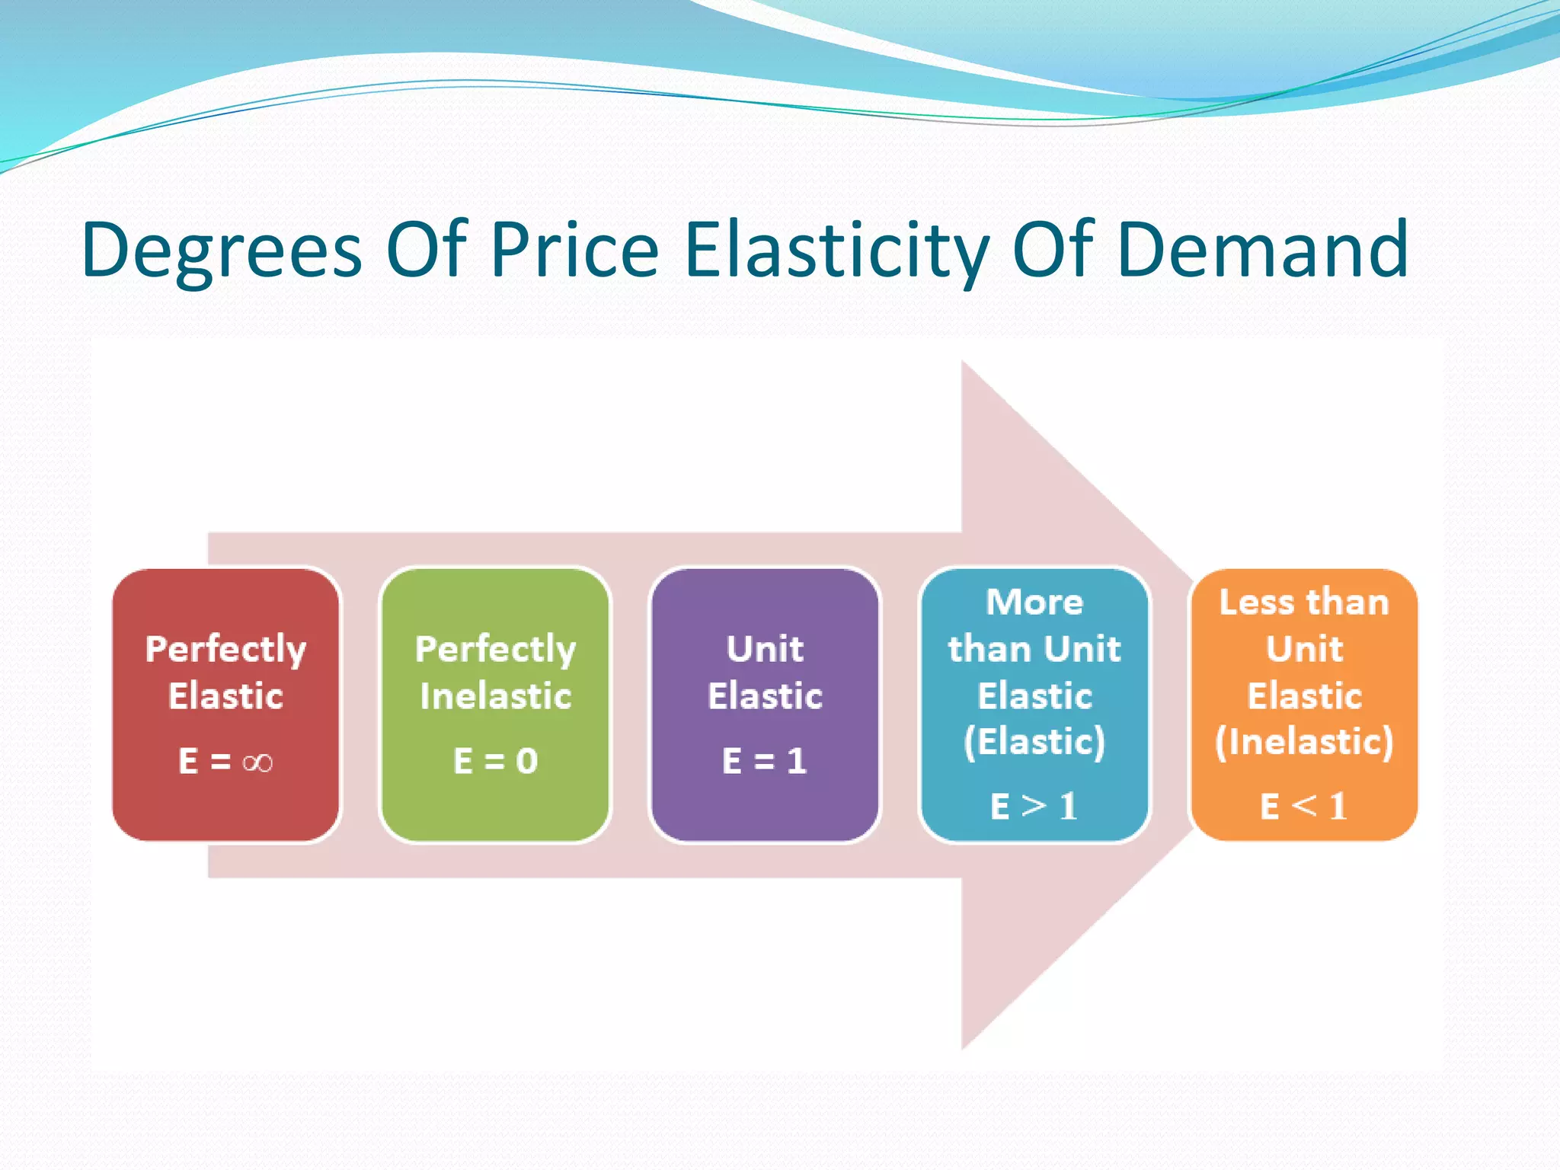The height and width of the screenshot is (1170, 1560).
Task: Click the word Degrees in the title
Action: pyautogui.click(x=222, y=251)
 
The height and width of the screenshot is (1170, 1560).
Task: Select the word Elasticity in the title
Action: pyautogui.click(x=836, y=251)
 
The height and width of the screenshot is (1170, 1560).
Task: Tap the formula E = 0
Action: pyautogui.click(x=495, y=761)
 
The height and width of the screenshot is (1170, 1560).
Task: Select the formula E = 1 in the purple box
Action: pyautogui.click(x=764, y=761)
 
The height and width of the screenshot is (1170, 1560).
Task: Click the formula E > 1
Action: pyautogui.click(x=1034, y=806)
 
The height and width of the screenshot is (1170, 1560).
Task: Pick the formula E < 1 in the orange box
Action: pyautogui.click(x=1303, y=806)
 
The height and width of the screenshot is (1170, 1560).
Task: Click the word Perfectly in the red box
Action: pyautogui.click(x=225, y=651)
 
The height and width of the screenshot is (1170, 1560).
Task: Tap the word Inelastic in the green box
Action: pyautogui.click(x=495, y=696)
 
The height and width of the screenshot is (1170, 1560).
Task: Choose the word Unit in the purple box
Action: pyautogui.click(x=765, y=649)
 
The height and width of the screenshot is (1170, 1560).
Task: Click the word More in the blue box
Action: pyautogui.click(x=1034, y=602)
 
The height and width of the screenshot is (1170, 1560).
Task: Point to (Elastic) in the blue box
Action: pyautogui.click(x=1034, y=742)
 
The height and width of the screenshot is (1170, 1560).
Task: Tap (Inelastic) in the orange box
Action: pyautogui.click(x=1304, y=742)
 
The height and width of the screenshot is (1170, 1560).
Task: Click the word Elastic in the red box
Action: pyautogui.click(x=225, y=696)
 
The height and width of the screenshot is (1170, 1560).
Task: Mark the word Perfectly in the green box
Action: pyautogui.click(x=495, y=651)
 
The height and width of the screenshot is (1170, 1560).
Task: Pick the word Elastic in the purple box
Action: pyautogui.click(x=765, y=696)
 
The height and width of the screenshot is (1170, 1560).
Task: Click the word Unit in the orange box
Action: pyautogui.click(x=1304, y=649)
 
